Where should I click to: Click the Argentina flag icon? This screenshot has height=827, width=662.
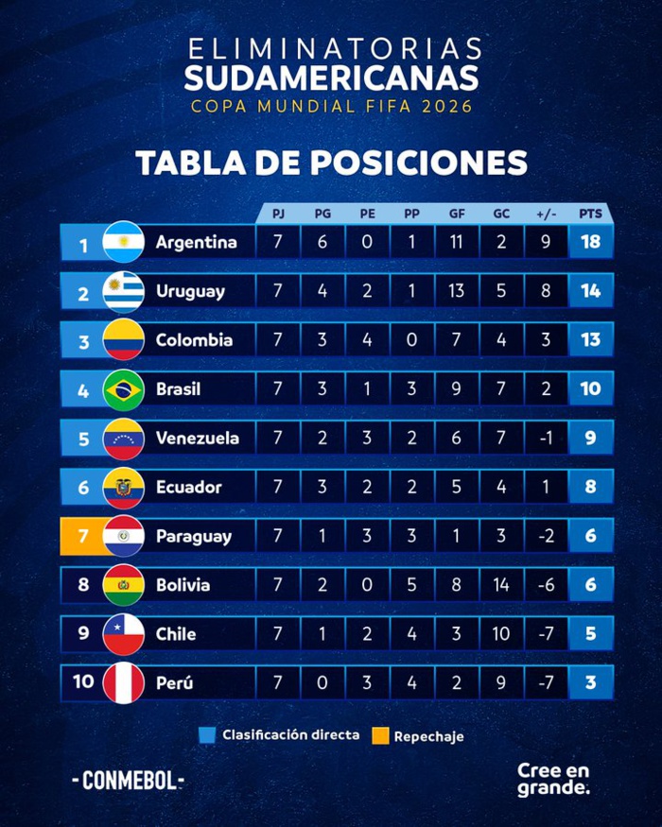coord(123,242)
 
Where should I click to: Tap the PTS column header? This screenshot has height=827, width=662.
coord(591,214)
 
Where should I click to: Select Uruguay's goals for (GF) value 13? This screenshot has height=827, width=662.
coord(456,291)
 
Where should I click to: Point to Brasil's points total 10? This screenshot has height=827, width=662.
coord(591,389)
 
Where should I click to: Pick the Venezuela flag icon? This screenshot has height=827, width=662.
coord(123,439)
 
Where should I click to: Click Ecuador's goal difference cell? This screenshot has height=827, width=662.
coord(546,488)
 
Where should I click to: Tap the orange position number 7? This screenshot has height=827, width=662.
coord(82,537)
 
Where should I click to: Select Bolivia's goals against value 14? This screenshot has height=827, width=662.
coord(501,586)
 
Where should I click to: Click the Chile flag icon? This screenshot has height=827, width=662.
coord(123,634)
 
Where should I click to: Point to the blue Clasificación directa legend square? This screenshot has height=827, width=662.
coord(209,734)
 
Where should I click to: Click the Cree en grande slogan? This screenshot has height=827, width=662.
coord(553,779)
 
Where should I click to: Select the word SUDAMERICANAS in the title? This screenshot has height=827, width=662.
coord(331,78)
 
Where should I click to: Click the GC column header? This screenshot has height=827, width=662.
coord(501,214)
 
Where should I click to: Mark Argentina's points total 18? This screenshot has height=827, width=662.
coord(591,242)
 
